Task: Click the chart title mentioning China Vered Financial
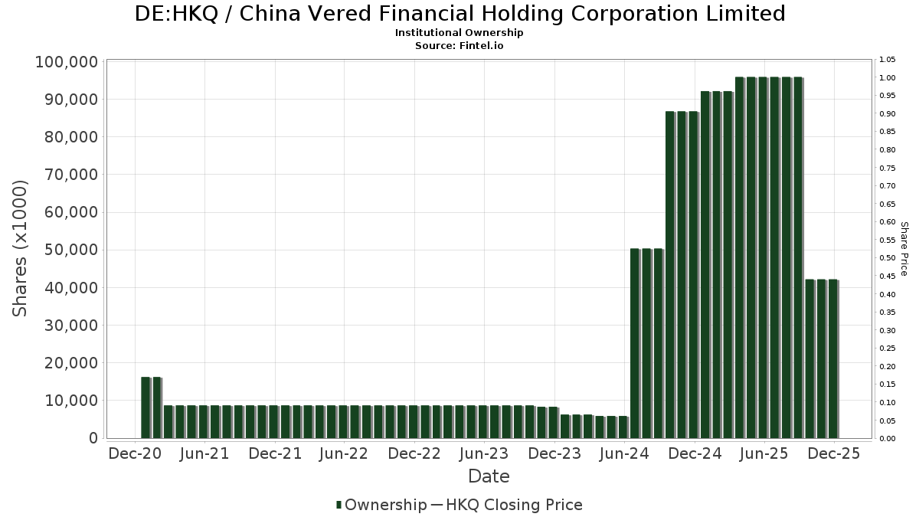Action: (x=459, y=14)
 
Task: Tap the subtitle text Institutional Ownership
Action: (x=459, y=33)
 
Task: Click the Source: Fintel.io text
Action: (x=459, y=45)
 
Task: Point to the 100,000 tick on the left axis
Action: (x=67, y=62)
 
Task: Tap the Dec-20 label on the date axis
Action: (x=135, y=453)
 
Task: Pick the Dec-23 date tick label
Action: (x=555, y=453)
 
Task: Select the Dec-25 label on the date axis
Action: (x=835, y=453)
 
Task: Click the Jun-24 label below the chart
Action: (x=625, y=453)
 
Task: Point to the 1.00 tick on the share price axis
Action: (x=888, y=78)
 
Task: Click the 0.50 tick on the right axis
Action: (x=888, y=258)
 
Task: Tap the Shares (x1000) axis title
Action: (x=20, y=248)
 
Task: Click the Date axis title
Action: (x=489, y=476)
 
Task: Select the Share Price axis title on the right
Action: (x=904, y=248)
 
